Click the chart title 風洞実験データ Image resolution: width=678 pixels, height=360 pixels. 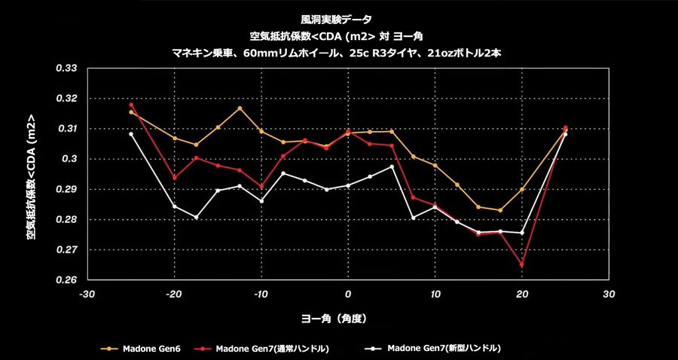[x=338, y=20]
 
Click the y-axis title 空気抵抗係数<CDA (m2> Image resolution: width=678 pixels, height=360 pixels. [x=31, y=178]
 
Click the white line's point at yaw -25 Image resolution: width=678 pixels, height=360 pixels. [x=131, y=134]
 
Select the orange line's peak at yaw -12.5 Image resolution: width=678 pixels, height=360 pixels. [x=240, y=108]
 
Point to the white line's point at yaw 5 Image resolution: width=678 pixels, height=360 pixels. [x=392, y=166]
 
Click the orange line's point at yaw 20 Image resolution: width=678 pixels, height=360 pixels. [x=521, y=190]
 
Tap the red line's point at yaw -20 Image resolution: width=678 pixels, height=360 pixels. [x=174, y=178]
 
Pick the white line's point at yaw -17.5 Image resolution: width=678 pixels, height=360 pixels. [x=196, y=218]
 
